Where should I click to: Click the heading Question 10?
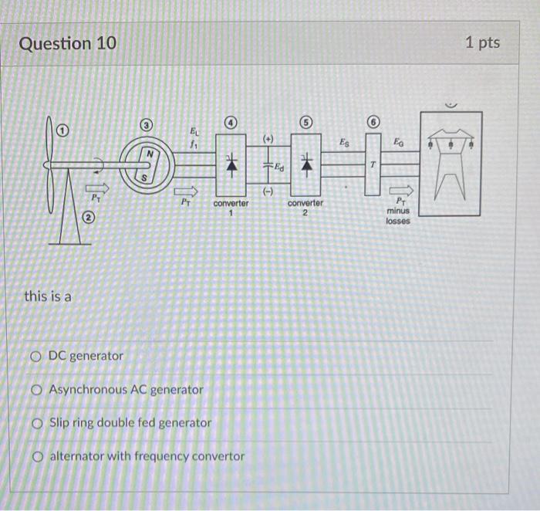(68, 43)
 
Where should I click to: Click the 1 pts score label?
(482, 42)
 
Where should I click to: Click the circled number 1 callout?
(65, 130)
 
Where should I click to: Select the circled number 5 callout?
(305, 124)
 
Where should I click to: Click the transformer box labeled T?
(373, 164)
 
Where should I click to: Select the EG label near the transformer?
(397, 142)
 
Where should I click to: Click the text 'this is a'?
(48, 295)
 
